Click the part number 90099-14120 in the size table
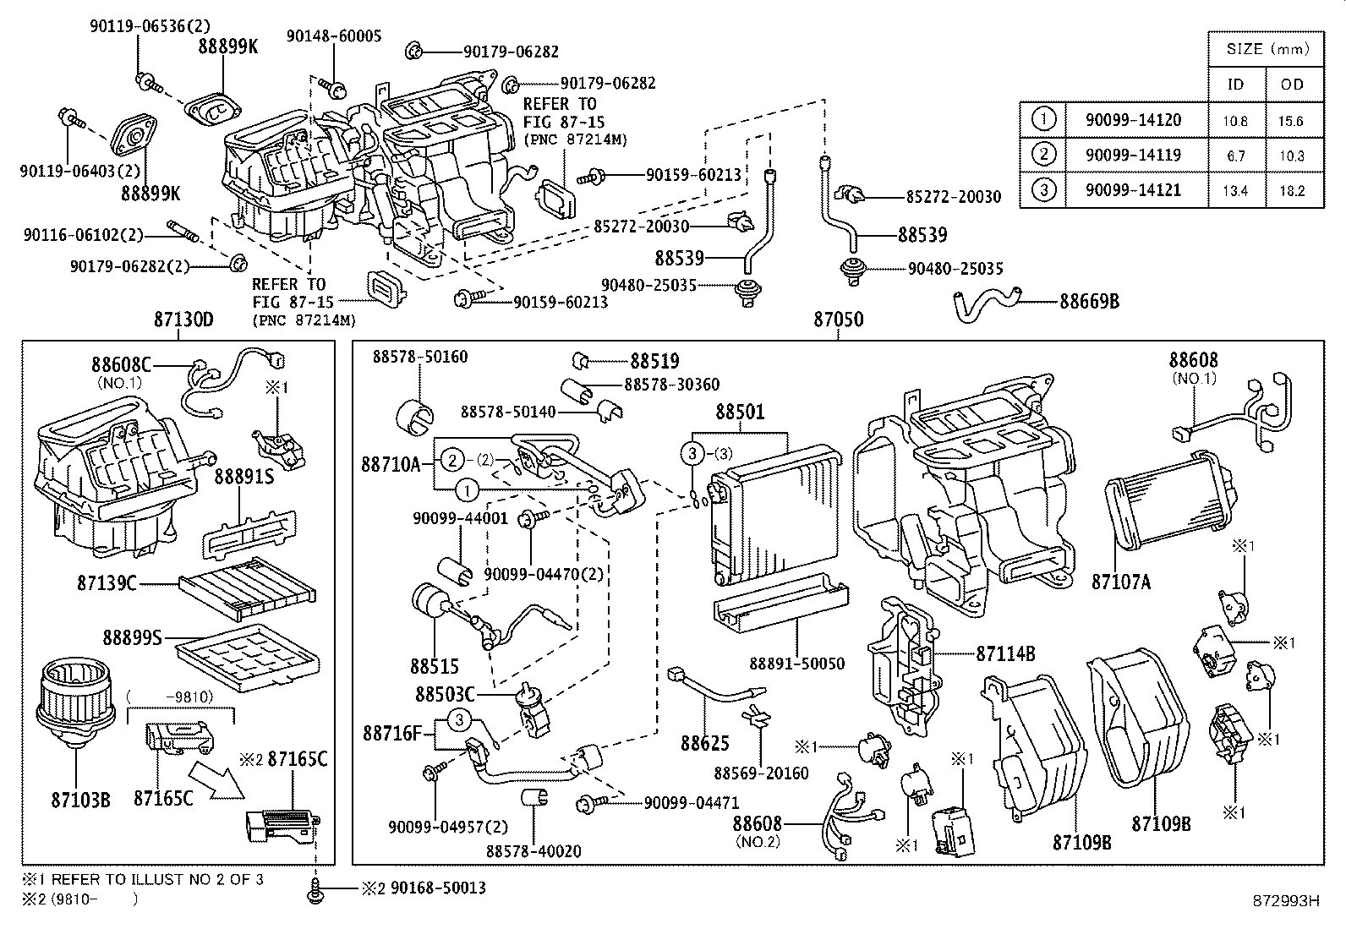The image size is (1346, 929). click(1133, 120)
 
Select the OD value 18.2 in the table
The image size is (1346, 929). click(1291, 191)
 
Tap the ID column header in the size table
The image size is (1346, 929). click(1235, 85)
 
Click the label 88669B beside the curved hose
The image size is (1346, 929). click(1089, 301)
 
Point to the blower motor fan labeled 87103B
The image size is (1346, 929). click(72, 701)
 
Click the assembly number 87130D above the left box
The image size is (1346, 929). click(183, 320)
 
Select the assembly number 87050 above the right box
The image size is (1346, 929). click(838, 320)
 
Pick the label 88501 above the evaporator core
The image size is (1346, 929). click(740, 413)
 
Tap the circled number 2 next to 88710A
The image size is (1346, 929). click(453, 461)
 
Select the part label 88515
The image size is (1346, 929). click(434, 667)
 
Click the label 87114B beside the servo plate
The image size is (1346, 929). click(1005, 653)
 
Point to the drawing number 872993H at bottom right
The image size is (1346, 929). click(1285, 901)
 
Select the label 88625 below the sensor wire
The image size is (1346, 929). click(704, 743)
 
